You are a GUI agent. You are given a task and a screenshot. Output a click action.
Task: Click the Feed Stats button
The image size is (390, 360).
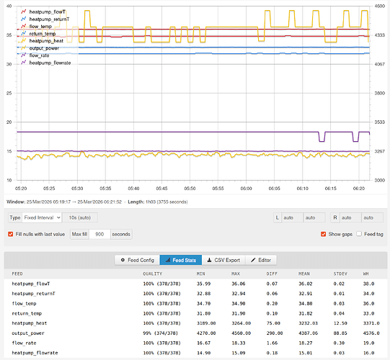point(181,260)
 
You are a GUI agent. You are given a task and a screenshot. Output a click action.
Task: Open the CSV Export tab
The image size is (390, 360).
point(223,260)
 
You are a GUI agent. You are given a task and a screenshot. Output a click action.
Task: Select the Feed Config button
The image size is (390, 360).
point(137,260)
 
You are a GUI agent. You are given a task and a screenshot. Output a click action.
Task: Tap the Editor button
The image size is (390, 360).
point(261,260)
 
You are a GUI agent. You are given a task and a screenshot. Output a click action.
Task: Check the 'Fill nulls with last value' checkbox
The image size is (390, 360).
point(10,234)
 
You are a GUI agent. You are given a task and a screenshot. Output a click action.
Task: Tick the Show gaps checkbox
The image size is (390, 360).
point(324,234)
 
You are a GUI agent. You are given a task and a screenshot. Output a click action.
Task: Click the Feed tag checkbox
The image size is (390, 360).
point(359,234)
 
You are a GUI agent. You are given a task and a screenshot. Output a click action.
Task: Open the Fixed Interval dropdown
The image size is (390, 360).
point(42,217)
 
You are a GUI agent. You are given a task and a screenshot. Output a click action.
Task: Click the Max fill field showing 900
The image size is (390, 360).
point(99,234)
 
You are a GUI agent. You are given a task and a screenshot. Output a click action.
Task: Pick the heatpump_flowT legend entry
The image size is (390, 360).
point(48,12)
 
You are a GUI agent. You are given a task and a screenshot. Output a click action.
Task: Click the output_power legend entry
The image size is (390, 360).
point(44,48)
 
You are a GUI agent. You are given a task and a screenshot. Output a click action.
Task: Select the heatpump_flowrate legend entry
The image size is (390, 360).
point(50,63)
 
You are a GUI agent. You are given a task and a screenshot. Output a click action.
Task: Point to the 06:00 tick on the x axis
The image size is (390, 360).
point(246,189)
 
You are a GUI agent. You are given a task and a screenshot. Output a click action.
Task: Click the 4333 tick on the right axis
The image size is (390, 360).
point(380,35)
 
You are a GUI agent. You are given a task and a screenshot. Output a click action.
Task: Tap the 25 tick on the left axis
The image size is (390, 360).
point(9,93)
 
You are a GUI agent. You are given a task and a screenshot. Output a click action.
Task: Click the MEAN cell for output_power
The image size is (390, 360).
point(308,333)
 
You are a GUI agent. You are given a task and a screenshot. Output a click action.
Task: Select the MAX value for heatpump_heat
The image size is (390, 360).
point(241,323)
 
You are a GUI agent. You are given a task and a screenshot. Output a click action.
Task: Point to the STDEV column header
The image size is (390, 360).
point(340,274)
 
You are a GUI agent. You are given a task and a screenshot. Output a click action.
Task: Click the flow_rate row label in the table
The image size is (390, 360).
point(24,343)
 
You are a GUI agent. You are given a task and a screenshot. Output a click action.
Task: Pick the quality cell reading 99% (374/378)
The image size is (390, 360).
point(161,333)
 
